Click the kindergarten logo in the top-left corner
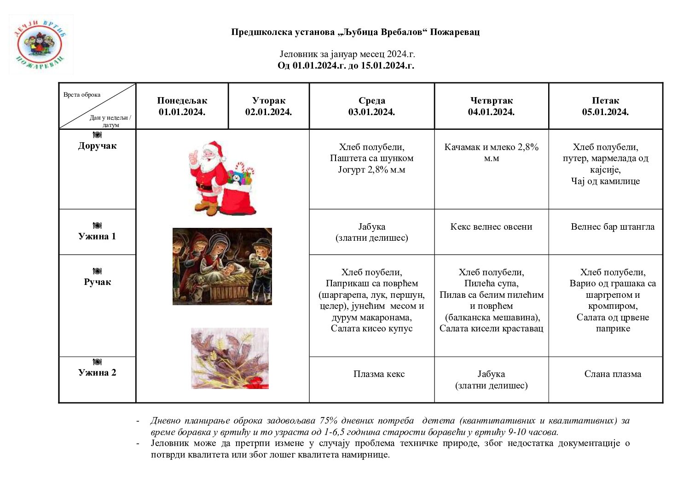pos(41,45)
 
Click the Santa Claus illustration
pos(222,178)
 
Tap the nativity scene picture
pos(222,266)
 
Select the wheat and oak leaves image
pos(230,358)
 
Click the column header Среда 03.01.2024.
pos(371,106)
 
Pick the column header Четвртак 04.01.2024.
pos(491,106)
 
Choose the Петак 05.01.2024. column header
pos(605,106)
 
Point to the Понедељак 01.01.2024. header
pos(182,106)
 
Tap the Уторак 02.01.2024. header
pos(268,106)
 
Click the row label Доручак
pos(97,146)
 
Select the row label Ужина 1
pos(97,236)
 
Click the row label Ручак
pos(97,282)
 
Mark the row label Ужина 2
pos(97,372)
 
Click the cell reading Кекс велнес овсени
pos(491,227)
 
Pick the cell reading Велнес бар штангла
pos(612,227)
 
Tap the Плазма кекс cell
pos(379,374)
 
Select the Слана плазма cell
pos(613,374)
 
